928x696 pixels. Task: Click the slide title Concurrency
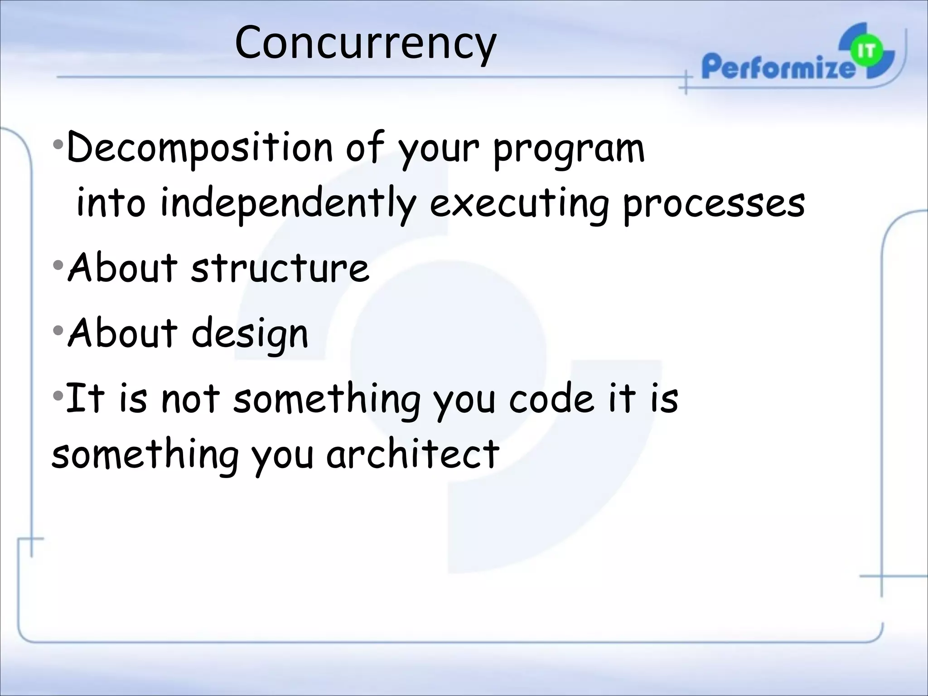click(x=365, y=43)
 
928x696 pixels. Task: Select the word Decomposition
click(x=199, y=149)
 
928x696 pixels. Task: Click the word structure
click(x=280, y=268)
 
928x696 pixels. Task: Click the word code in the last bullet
click(x=551, y=399)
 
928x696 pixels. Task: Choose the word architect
click(x=413, y=454)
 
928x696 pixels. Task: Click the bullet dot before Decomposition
click(x=58, y=145)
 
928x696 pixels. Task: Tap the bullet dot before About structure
click(x=58, y=265)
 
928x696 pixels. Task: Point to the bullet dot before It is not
click(x=58, y=396)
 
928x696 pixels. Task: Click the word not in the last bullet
click(x=190, y=399)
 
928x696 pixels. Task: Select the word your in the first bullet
click(x=438, y=150)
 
